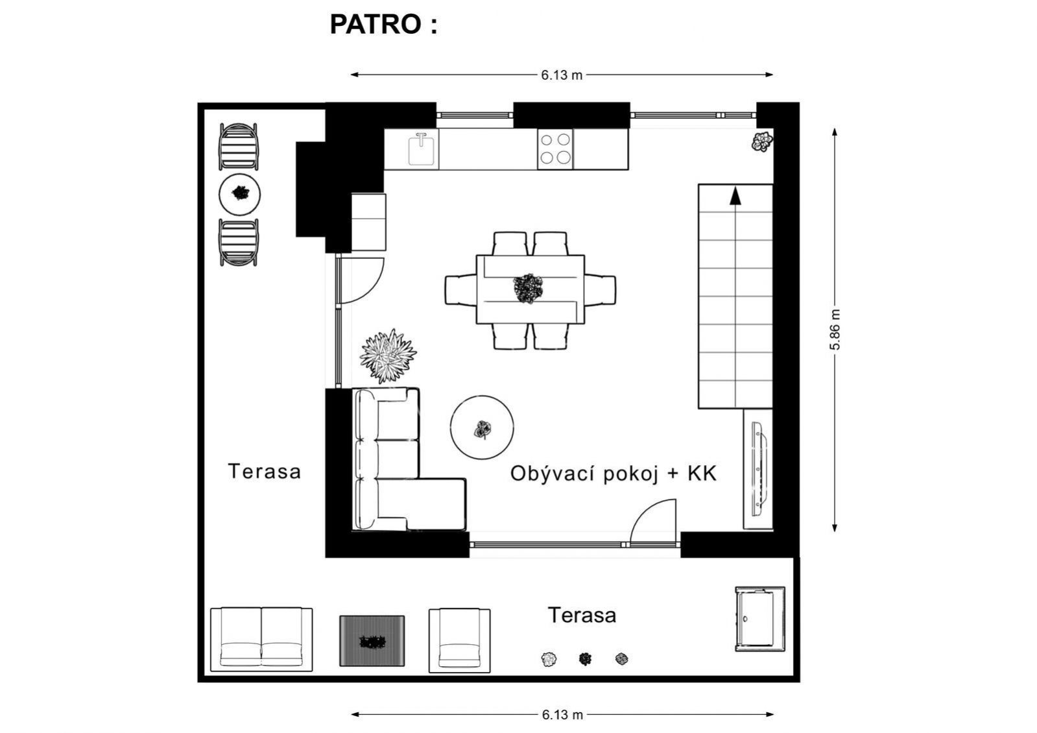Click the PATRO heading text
(x=383, y=25)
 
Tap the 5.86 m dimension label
(x=835, y=330)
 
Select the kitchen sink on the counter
(x=421, y=149)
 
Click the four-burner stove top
(x=555, y=149)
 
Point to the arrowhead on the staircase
(x=735, y=195)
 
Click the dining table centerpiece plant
(x=528, y=289)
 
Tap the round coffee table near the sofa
(x=482, y=427)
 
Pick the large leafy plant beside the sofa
(x=388, y=355)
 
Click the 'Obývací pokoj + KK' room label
(x=614, y=474)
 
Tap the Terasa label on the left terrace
(x=265, y=472)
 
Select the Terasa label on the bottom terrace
(x=582, y=616)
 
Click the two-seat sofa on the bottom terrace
(x=261, y=640)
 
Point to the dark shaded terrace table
(x=372, y=641)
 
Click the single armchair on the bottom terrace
(x=459, y=640)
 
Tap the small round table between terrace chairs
(x=239, y=194)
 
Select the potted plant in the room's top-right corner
(x=762, y=141)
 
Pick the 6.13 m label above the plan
(x=562, y=75)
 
